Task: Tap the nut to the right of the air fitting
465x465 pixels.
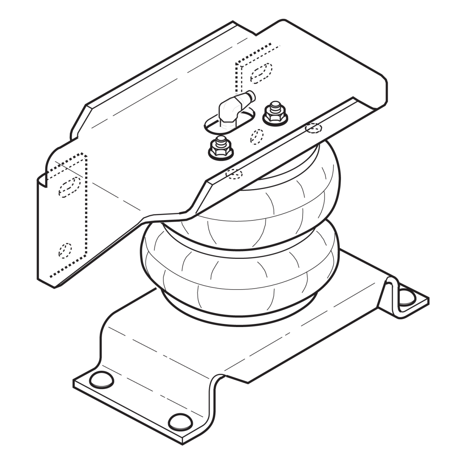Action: tap(275, 114)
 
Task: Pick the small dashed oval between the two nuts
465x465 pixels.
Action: tap(257, 136)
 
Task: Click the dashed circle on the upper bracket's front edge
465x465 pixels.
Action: tap(234, 174)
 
